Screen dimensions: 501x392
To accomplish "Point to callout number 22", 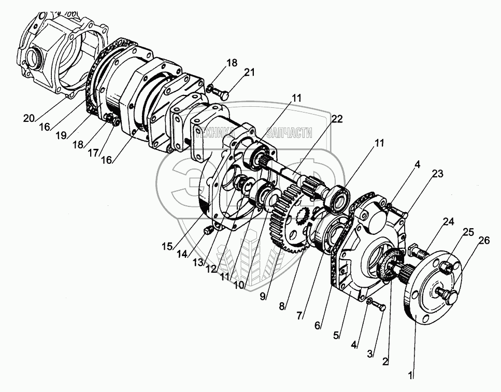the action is [x=337, y=120].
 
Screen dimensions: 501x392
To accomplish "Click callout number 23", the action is [x=438, y=175].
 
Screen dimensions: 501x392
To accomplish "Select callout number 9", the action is [x=263, y=297].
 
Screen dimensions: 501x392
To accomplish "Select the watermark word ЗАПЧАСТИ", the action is [x=289, y=134].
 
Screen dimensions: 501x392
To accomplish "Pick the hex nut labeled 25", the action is [x=445, y=269].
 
